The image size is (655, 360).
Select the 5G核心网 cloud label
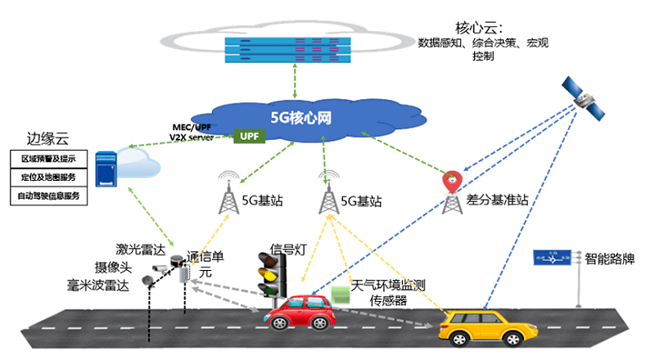coord(300,117)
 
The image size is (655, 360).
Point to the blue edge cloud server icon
coord(105,169)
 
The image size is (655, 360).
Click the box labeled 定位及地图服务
coord(47,177)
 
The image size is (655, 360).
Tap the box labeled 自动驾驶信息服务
coord(47,196)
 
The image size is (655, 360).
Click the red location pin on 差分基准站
coord(449,180)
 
